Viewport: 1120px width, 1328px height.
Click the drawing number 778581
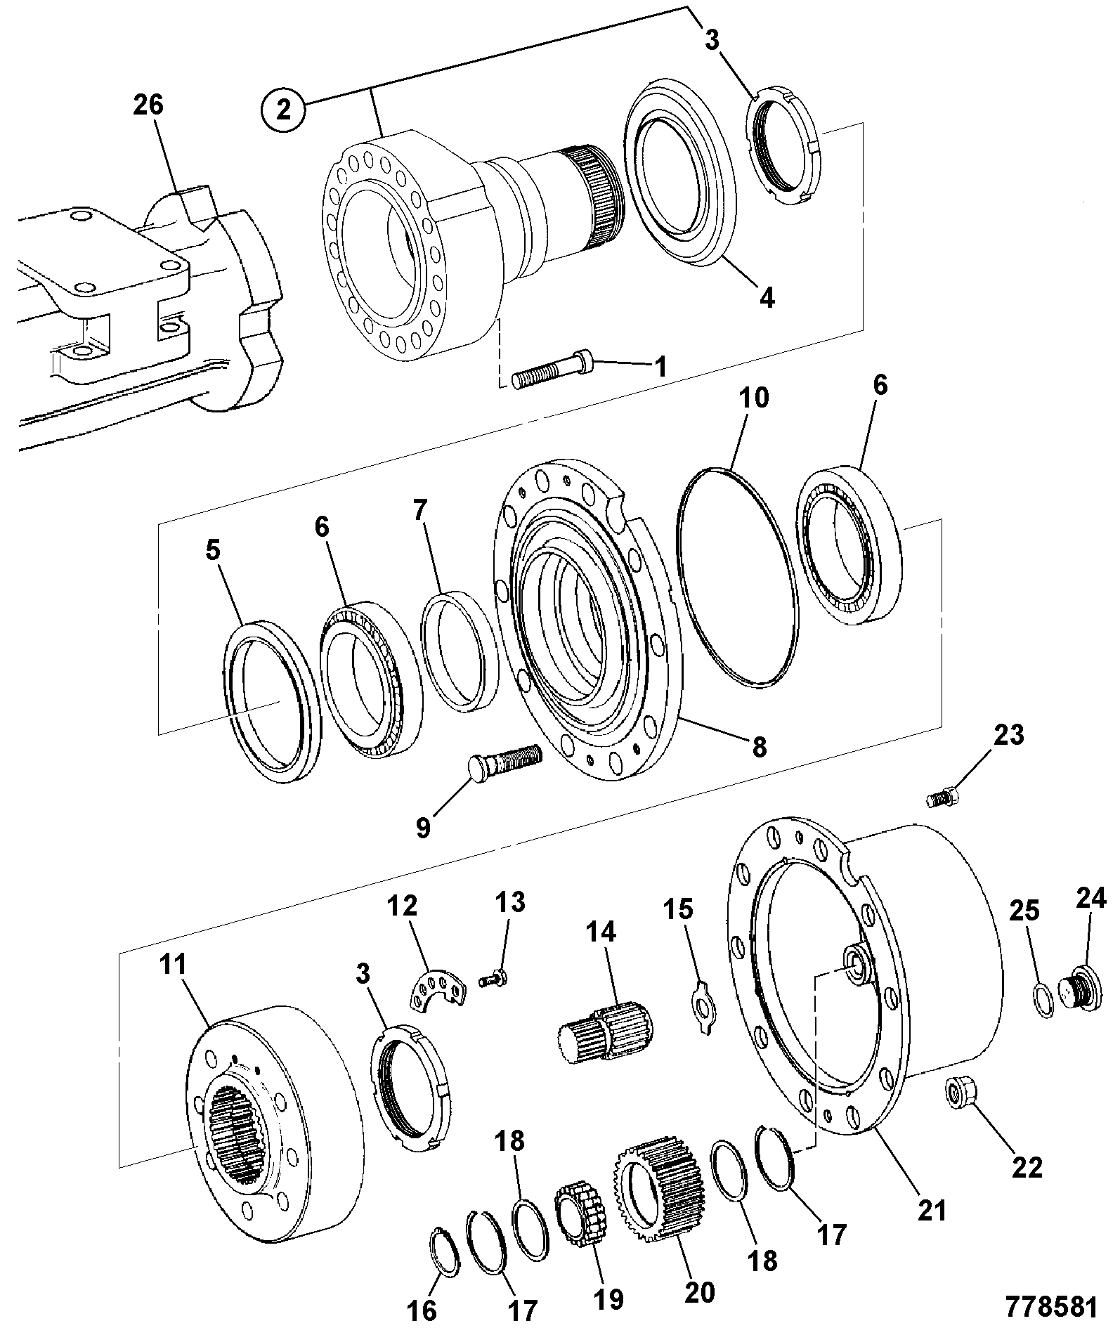tap(1052, 1306)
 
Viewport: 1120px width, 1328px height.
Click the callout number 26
tap(148, 105)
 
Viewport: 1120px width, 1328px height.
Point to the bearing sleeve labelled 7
tap(459, 651)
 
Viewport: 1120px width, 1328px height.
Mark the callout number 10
tap(753, 398)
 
